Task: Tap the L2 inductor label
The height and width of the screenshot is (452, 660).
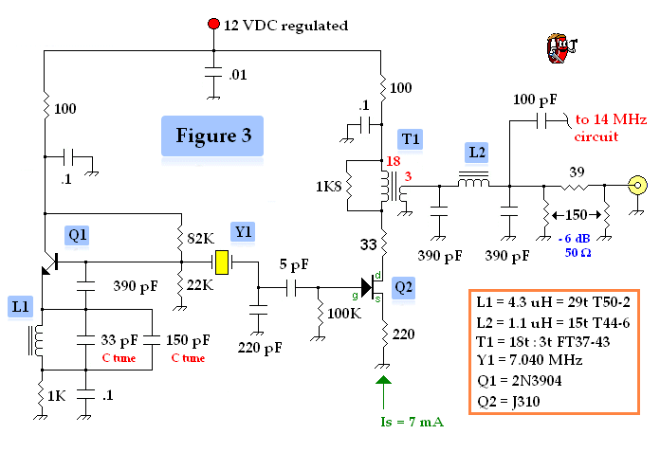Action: tap(475, 152)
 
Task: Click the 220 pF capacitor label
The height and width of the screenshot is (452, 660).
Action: tap(260, 348)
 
